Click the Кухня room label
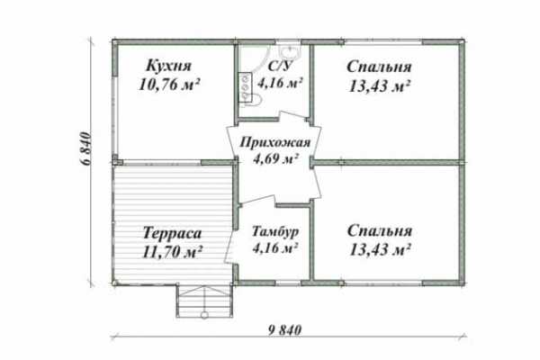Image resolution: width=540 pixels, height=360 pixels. pyautogui.click(x=169, y=66)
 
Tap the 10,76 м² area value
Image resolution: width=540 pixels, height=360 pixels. pyautogui.click(x=169, y=84)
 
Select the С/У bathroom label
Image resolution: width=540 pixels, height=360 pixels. pyautogui.click(x=281, y=66)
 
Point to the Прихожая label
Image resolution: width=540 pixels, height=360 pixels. pyautogui.click(x=274, y=142)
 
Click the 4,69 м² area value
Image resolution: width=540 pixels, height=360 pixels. pyautogui.click(x=275, y=158)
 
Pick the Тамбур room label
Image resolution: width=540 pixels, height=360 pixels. pyautogui.click(x=275, y=232)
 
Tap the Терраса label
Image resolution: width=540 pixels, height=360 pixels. pyautogui.click(x=172, y=233)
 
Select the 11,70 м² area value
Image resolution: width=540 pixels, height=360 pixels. pyautogui.click(x=172, y=252)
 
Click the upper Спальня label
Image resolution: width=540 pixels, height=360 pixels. pyautogui.click(x=379, y=67)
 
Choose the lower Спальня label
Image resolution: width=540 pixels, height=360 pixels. pyautogui.click(x=380, y=230)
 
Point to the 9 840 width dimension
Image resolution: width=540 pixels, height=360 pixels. pyautogui.click(x=284, y=330)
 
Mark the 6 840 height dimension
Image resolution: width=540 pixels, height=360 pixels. pyautogui.click(x=86, y=148)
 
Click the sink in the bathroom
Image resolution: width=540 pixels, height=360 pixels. pyautogui.click(x=289, y=51)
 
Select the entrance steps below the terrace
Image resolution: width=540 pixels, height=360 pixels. pyautogui.click(x=204, y=301)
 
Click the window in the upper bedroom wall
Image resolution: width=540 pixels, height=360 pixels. pyautogui.click(x=383, y=42)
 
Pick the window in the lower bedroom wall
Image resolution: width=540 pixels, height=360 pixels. pyautogui.click(x=383, y=283)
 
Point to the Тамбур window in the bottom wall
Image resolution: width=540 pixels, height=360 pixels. pyautogui.click(x=288, y=283)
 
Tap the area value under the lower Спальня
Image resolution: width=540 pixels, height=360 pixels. pyautogui.click(x=380, y=249)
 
